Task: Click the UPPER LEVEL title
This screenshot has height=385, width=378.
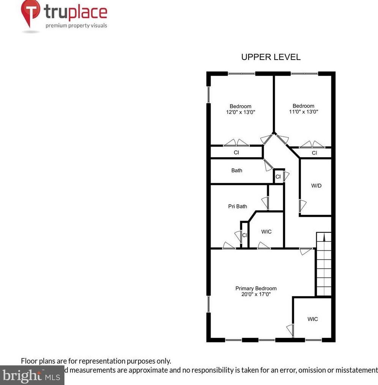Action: [271, 57]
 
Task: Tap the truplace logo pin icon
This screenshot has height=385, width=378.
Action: [30, 14]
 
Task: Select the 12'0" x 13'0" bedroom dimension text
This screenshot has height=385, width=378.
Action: [240, 112]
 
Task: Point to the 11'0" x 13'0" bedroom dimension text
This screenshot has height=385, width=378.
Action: [303, 112]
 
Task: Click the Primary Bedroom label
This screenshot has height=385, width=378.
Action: [256, 288]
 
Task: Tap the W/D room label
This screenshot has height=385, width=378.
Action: [316, 186]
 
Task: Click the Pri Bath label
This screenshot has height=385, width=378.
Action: [238, 206]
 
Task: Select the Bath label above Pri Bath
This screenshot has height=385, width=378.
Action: [236, 170]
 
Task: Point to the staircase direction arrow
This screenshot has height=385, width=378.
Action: [324, 237]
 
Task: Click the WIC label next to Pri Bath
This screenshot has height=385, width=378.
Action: [266, 232]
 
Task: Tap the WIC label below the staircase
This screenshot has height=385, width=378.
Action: [312, 319]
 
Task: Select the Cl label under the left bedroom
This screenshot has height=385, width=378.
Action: [236, 153]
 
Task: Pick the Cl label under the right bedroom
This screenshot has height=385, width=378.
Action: [314, 153]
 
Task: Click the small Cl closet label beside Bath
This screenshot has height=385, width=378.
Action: [278, 177]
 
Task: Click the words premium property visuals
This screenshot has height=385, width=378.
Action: [76, 26]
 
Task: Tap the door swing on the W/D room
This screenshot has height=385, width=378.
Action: [302, 207]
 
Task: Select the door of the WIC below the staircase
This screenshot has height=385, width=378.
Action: [290, 331]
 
